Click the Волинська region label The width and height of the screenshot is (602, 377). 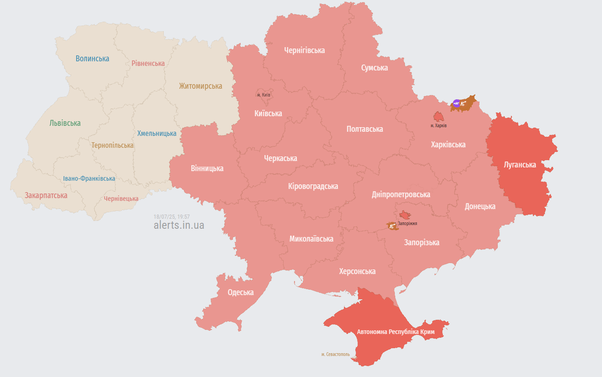point(92,59)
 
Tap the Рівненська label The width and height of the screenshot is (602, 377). point(148,63)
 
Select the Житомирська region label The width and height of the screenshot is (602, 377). point(200,86)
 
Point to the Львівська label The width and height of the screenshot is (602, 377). point(65,123)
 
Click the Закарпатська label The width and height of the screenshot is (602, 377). point(46,195)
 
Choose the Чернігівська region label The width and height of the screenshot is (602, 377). point(304,50)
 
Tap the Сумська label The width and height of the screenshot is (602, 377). point(374,68)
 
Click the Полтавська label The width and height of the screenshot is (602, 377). point(365,129)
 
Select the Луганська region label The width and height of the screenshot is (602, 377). point(519,165)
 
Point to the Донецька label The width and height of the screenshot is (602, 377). point(480,206)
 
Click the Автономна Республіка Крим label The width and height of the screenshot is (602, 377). point(395,331)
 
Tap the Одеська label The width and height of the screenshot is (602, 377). point(241,293)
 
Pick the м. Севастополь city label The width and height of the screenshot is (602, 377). point(335,354)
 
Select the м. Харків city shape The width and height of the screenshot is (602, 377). point(438,117)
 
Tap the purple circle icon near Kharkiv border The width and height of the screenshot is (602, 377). point(456,103)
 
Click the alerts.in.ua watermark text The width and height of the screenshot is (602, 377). point(179,225)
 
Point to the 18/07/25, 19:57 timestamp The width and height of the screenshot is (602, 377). point(172,216)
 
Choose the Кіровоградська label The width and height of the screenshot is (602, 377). point(313,186)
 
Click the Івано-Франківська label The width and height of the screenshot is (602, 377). point(89,178)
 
